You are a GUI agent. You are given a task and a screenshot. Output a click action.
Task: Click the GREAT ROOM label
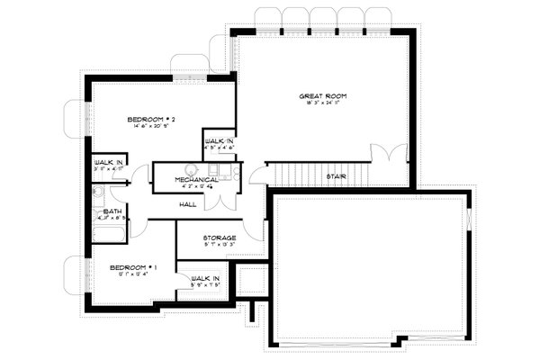tap(322, 95)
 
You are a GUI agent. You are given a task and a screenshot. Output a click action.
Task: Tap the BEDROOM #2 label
tap(144, 119)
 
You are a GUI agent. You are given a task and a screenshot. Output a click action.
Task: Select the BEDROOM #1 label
tap(134, 267)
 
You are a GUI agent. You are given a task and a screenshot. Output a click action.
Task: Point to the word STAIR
tap(337, 176)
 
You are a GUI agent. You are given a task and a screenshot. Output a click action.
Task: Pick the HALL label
tap(188, 204)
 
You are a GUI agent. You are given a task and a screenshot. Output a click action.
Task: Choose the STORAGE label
tap(206, 238)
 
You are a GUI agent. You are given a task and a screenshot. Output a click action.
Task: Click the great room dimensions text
tap(322, 103)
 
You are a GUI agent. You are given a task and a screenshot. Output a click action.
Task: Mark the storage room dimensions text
tap(206, 245)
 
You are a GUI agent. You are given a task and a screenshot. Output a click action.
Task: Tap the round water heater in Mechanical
tap(191, 168)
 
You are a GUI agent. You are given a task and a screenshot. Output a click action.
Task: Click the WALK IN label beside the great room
tap(220, 143)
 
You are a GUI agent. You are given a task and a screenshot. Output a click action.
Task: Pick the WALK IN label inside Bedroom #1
tap(206, 279)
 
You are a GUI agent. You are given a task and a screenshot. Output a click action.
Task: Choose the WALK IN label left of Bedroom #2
tap(108, 162)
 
